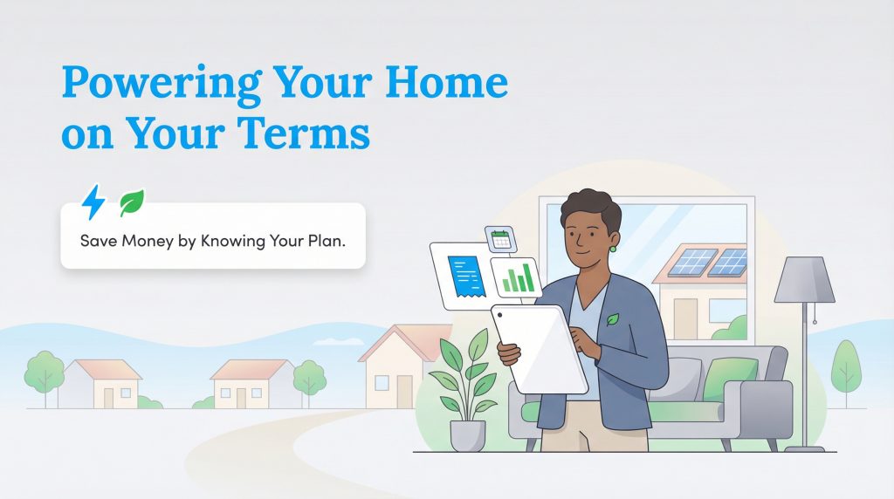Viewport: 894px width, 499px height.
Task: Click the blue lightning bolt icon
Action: tap(93, 202)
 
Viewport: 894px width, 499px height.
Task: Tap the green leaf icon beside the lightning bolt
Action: tap(132, 202)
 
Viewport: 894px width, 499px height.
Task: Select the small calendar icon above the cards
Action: tap(500, 238)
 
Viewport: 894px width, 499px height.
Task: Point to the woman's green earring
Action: tap(614, 248)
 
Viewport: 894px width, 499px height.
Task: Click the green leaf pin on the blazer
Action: tap(613, 319)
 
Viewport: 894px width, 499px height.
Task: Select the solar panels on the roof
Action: tap(706, 261)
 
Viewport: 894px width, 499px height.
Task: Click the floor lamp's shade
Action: tap(804, 278)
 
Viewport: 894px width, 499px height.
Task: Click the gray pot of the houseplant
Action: tap(467, 433)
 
